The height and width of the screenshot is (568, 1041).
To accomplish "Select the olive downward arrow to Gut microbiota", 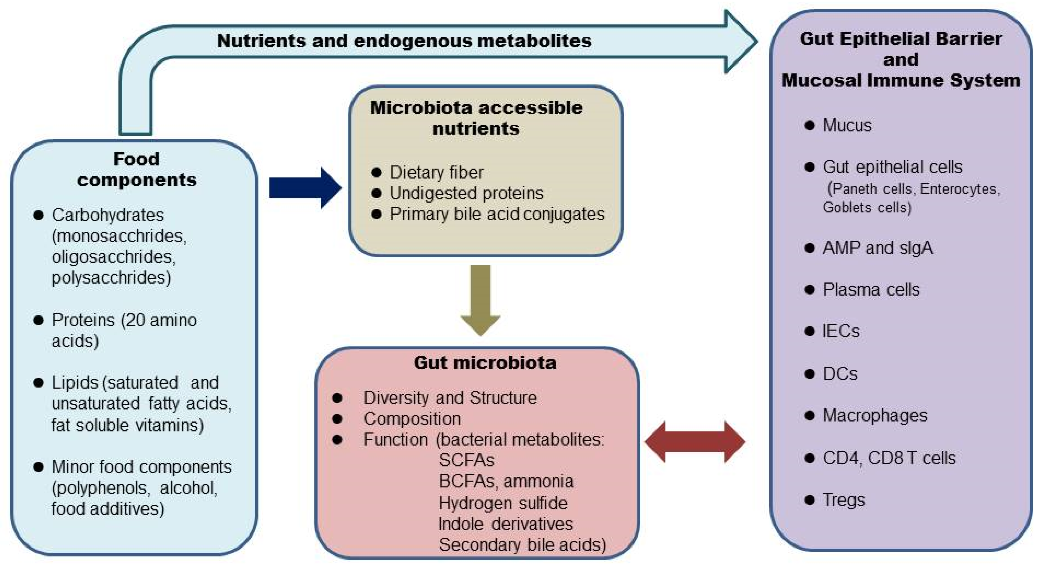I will [x=480, y=299].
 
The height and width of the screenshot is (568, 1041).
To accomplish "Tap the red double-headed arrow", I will [x=695, y=442].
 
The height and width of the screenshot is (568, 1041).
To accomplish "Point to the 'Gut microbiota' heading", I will [x=485, y=363].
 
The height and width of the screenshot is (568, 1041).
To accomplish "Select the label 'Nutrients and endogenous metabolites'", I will [x=404, y=41].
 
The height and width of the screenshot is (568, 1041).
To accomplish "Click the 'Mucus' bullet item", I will [x=847, y=125].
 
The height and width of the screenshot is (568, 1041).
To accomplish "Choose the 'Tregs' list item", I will [x=844, y=500].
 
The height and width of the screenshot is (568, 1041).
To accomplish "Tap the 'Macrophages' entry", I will [x=875, y=416].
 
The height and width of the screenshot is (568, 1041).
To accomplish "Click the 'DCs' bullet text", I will [x=840, y=374].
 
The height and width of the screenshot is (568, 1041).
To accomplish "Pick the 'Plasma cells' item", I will [x=871, y=290].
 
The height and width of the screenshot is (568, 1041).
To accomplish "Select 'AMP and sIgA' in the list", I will [x=878, y=248].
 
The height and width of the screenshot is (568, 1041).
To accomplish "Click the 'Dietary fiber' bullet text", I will [x=436, y=173].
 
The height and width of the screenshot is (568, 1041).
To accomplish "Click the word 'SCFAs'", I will [x=466, y=460].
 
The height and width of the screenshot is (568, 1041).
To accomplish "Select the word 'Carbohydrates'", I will [x=107, y=215].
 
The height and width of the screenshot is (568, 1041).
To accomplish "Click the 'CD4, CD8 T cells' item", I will [x=889, y=458].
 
